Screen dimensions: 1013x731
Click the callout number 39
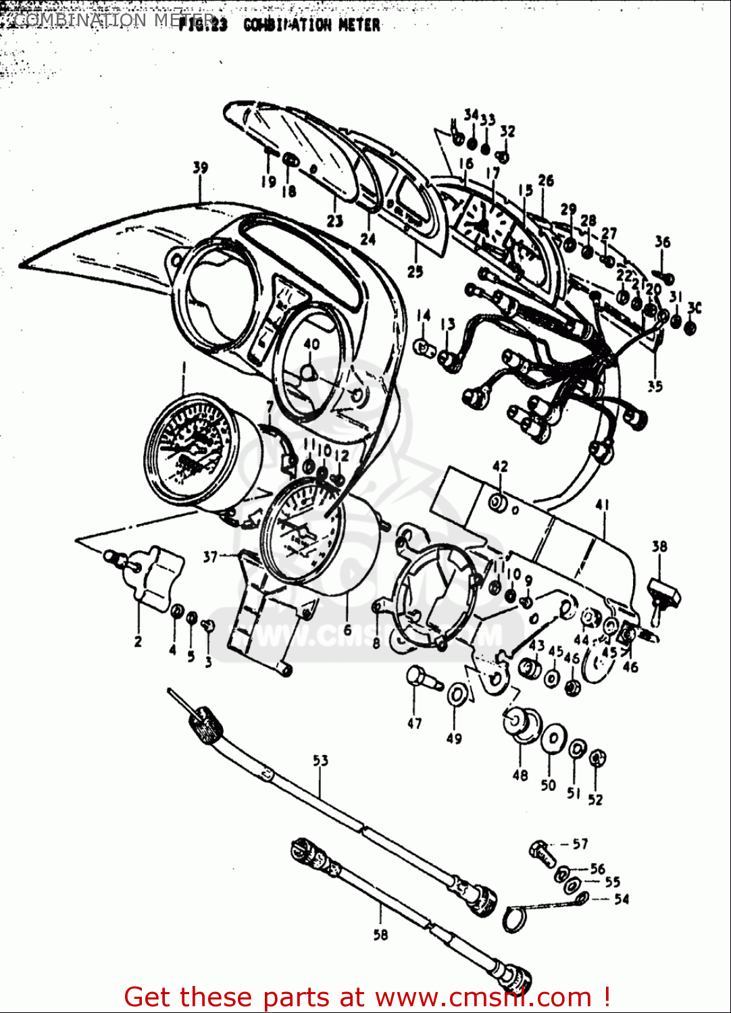tap(200, 167)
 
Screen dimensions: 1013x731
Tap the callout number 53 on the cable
tap(320, 760)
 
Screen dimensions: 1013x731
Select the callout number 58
tap(380, 935)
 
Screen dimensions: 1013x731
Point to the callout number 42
tap(500, 467)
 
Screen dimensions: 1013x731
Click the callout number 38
tap(659, 546)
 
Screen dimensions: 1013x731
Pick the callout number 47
tap(414, 723)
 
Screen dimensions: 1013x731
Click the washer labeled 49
tap(456, 694)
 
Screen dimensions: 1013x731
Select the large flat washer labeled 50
tap(553, 737)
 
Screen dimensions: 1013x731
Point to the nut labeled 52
tap(597, 758)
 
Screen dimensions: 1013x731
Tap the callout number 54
tap(622, 899)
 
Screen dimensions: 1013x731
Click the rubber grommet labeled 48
tap(521, 723)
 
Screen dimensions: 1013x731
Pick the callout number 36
tap(662, 242)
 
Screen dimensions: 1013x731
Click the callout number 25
tap(415, 271)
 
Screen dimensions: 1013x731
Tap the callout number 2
tap(138, 641)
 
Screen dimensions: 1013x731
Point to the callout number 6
tap(347, 630)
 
